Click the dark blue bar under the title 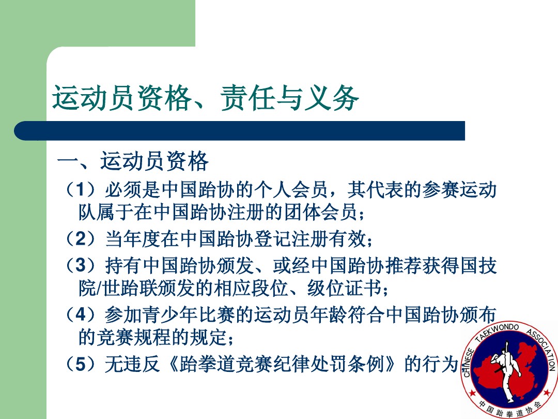pyautogui.click(x=240, y=131)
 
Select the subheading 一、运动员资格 pyautogui.click(x=133, y=161)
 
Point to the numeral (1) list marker pyautogui.click(x=81, y=189)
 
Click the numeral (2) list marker pyautogui.click(x=81, y=238)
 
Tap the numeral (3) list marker pyautogui.click(x=81, y=265)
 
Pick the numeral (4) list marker pyautogui.click(x=81, y=315)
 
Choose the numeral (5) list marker pyautogui.click(x=81, y=364)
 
